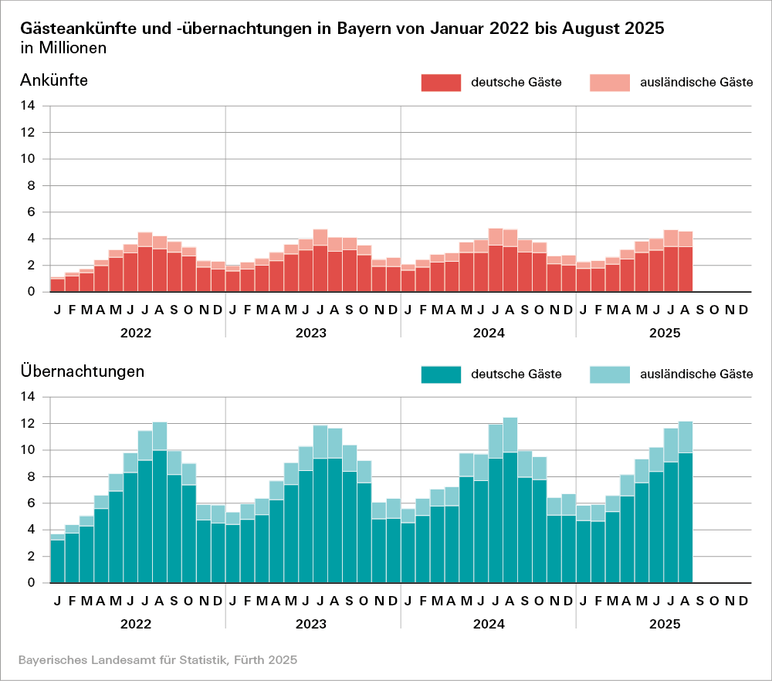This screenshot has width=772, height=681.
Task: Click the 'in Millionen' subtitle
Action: tap(63, 49)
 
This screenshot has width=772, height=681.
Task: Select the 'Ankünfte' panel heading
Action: tap(54, 80)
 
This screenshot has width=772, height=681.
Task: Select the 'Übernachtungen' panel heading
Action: tap(83, 371)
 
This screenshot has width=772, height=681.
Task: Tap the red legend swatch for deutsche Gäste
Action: tap(440, 83)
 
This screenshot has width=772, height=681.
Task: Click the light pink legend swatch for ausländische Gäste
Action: tap(609, 83)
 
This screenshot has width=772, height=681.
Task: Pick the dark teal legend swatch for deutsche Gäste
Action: tap(440, 374)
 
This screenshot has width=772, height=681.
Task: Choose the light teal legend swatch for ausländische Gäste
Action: tap(609, 374)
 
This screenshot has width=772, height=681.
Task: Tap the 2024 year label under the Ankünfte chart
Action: tap(488, 334)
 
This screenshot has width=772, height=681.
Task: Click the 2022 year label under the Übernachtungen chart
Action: tap(137, 624)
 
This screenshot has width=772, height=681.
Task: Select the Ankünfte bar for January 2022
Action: tap(57, 284)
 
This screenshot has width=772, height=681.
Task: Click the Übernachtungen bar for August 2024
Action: tap(510, 502)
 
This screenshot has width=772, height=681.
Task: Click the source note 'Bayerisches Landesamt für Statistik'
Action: tap(157, 660)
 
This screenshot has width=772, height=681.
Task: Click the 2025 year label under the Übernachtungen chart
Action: tap(664, 624)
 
